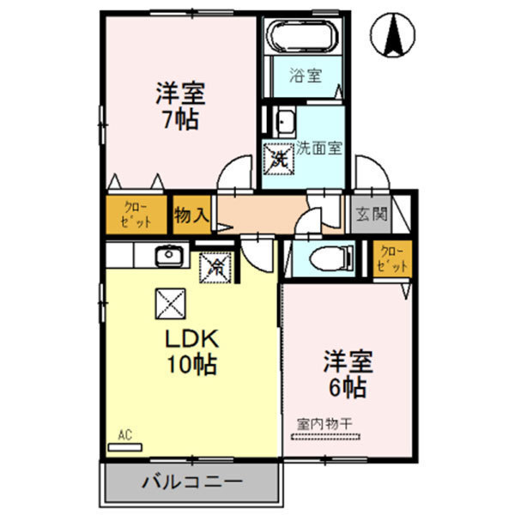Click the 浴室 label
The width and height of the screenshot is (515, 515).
[305, 76]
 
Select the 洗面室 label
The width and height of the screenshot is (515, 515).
[320, 147]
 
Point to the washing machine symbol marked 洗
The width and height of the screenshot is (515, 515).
[279, 157]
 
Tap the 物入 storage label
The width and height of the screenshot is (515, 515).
[191, 214]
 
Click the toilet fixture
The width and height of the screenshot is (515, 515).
[331, 256]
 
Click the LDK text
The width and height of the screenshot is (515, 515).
[190, 337]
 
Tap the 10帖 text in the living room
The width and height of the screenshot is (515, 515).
[191, 364]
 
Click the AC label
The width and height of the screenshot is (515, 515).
[125, 436]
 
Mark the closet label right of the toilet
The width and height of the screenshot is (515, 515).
[393, 259]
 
